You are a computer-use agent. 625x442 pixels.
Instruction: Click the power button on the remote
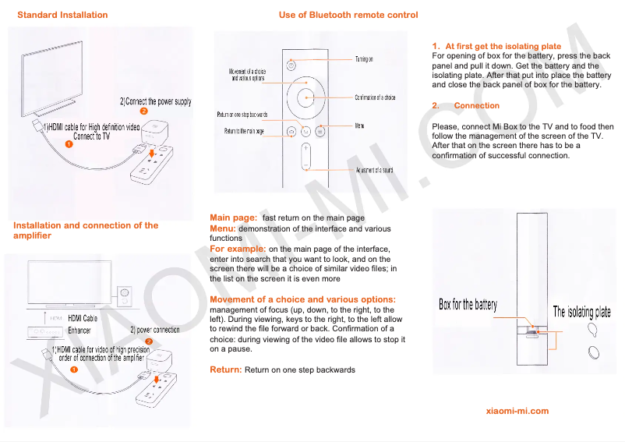(291, 66)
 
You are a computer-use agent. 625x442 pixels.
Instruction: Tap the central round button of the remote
(305, 97)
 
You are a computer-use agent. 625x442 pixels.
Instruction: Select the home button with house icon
(291, 131)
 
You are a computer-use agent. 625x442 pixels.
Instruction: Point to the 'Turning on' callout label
(364, 59)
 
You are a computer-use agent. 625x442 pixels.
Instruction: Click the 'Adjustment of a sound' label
(374, 170)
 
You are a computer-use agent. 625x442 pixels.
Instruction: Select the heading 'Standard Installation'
(62, 15)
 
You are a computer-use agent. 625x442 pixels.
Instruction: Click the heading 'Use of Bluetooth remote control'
(348, 15)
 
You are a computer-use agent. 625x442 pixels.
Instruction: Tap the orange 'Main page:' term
(233, 217)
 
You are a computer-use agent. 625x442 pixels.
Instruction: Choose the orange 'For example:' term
(238, 249)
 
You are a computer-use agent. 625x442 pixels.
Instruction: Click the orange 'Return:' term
(226, 370)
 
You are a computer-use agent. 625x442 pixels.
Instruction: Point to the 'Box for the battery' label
(468, 305)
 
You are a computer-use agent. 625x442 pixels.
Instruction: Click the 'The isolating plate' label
(581, 312)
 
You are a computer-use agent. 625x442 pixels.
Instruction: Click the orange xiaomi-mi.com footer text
(517, 411)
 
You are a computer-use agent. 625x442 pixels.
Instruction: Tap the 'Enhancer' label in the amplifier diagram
(79, 331)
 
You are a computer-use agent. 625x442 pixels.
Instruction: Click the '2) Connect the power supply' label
(155, 101)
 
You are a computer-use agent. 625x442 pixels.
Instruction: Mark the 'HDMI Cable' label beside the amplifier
(83, 318)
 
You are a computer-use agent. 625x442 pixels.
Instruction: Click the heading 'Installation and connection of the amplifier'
(86, 230)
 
